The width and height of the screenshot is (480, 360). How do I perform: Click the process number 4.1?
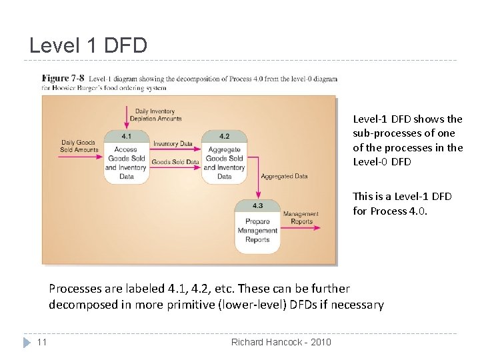125,136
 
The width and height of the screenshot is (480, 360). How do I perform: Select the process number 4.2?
224,136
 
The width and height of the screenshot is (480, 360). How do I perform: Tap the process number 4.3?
257,205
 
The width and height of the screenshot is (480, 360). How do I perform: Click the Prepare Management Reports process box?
257,231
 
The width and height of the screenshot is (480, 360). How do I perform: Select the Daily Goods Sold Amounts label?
79,146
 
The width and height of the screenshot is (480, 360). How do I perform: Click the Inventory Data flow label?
173,143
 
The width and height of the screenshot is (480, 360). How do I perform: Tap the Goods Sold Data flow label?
175,162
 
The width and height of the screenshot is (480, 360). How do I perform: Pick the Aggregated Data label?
284,177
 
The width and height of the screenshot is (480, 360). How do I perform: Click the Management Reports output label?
301,218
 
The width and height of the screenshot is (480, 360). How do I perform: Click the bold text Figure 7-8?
63,79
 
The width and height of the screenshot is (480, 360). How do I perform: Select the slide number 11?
41,342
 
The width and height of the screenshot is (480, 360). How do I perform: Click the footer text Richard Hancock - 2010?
280,342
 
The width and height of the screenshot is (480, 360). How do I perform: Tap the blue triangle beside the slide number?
27,342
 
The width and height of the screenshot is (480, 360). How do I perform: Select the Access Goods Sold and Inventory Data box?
125,163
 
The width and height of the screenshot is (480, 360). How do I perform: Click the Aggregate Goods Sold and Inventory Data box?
224,163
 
